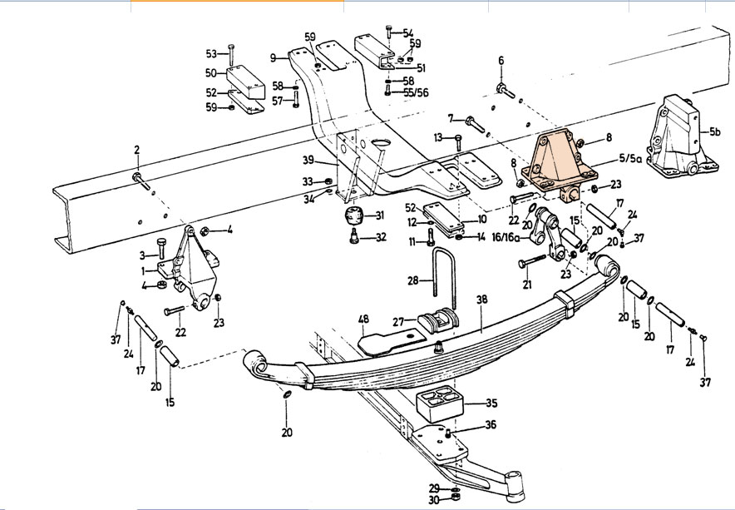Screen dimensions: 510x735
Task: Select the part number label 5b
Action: (715, 131)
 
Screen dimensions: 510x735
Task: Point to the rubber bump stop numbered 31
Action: (356, 219)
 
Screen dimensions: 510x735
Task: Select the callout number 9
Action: (273, 57)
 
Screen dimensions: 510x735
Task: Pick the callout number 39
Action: (308, 160)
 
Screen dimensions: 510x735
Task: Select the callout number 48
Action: (363, 319)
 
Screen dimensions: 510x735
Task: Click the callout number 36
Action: (491, 425)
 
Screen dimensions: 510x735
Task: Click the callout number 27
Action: (397, 322)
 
